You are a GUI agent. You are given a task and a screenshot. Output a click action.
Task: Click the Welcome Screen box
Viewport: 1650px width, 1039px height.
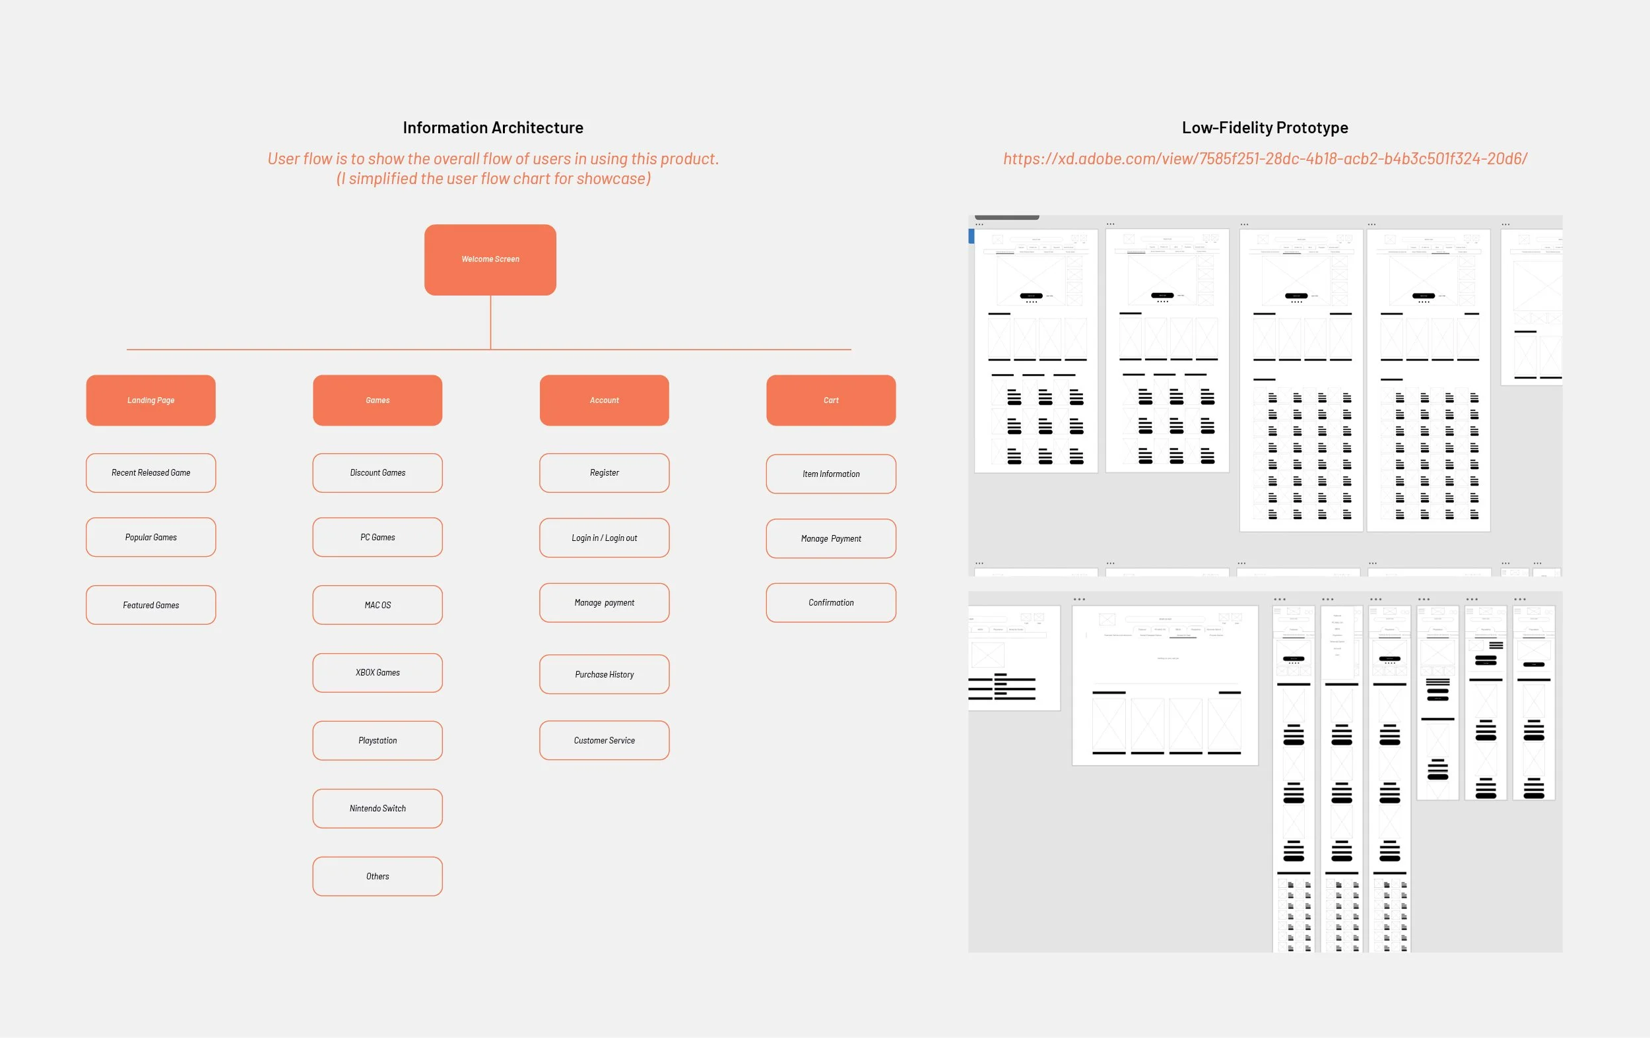490,259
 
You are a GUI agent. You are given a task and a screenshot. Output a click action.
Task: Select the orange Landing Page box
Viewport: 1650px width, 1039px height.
150,400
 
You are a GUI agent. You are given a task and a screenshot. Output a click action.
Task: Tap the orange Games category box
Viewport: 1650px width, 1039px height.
378,400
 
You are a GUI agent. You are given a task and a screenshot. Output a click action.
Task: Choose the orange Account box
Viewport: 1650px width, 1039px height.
604,400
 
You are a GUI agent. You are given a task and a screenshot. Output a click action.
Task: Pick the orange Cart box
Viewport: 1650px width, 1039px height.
830,400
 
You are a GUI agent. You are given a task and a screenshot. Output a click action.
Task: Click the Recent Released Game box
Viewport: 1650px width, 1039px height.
150,472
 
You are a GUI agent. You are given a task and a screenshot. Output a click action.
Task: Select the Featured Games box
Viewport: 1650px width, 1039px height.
150,605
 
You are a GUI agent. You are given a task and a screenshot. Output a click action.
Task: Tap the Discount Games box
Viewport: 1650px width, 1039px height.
378,472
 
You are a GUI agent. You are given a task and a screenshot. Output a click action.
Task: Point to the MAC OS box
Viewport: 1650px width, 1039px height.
378,605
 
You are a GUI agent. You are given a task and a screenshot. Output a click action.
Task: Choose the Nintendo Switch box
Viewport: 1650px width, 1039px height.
378,808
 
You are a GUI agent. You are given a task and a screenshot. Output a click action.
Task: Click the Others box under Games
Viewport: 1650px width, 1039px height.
378,876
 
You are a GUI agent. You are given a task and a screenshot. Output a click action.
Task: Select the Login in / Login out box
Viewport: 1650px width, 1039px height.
604,538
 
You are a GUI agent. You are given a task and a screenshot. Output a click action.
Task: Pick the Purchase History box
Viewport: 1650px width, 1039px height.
604,674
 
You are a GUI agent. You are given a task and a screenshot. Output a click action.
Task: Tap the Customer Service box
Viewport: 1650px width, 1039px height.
604,740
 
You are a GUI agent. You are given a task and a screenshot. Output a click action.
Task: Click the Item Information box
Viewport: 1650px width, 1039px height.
830,474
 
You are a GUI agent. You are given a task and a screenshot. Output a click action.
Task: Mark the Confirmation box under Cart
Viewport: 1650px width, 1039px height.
830,603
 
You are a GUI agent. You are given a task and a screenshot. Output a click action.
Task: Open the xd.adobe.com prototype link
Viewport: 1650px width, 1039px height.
1265,159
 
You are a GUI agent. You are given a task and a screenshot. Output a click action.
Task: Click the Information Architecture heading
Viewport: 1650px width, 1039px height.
492,127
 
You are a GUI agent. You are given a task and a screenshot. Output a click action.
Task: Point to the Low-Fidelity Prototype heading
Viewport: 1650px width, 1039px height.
1265,127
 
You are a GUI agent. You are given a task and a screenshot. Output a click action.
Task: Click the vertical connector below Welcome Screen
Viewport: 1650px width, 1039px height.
490,322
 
